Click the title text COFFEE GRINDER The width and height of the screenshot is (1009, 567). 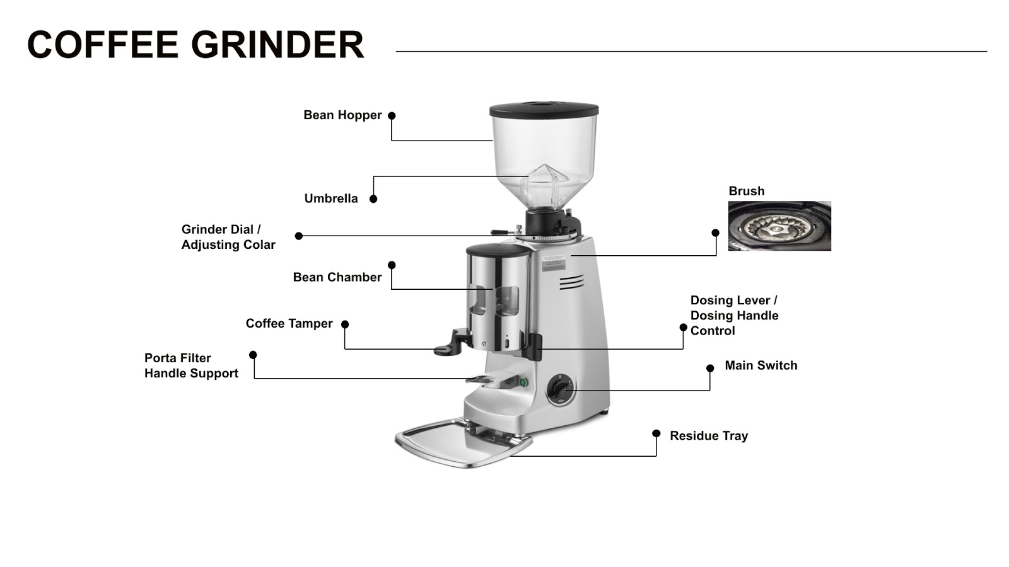(x=195, y=45)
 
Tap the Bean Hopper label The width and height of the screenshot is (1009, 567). (x=342, y=115)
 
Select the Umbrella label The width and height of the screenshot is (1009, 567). (x=331, y=198)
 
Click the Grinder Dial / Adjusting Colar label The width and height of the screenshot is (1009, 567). (x=228, y=237)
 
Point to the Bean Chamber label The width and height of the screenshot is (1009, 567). (x=337, y=277)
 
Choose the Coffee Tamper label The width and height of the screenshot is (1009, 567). (x=289, y=323)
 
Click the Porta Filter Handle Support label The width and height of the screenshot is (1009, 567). (x=191, y=365)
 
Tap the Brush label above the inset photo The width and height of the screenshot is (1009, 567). (x=746, y=191)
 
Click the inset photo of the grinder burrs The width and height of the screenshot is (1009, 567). (x=779, y=226)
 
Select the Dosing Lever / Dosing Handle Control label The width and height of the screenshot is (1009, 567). (x=734, y=316)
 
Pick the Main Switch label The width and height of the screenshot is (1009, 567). (x=761, y=365)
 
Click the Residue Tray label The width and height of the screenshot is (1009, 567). (x=708, y=436)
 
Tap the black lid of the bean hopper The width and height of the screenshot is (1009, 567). (x=544, y=111)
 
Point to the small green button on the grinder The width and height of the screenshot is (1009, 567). (x=523, y=382)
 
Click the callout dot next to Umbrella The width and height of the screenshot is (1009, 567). (x=373, y=199)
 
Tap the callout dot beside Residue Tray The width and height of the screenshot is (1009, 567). (x=656, y=433)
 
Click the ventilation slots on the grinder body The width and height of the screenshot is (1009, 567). (x=571, y=283)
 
